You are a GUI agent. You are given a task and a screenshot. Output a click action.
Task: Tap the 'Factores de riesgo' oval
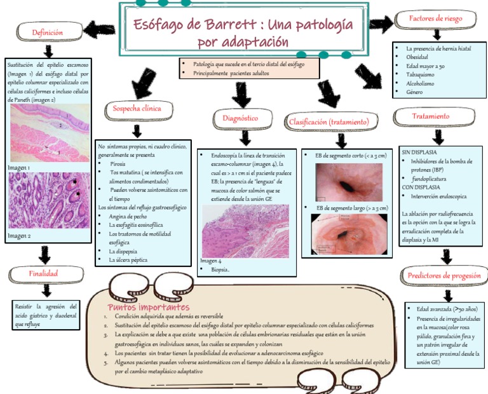pos(436,18)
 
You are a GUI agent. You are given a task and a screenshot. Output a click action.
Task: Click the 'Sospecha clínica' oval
pos(137,108)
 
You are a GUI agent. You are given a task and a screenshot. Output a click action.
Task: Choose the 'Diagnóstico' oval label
pos(240,118)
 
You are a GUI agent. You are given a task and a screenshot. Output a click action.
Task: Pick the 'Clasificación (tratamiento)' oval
pos(329,121)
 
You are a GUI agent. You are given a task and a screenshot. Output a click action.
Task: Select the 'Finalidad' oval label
pos(43,273)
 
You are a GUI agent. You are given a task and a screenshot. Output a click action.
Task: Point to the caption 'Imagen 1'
pos(20,168)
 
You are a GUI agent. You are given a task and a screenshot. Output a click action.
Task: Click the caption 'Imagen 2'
pos(20,236)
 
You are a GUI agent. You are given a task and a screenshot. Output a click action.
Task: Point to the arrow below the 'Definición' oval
pos(48,50)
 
